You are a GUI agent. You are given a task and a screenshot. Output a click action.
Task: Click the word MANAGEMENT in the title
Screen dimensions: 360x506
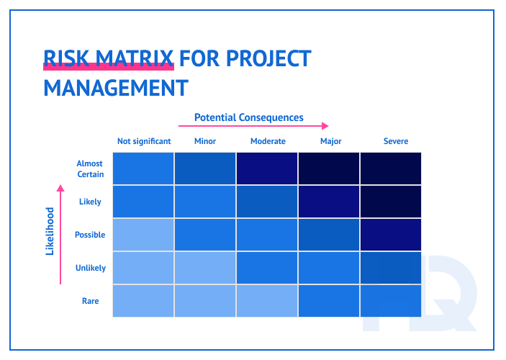(116, 88)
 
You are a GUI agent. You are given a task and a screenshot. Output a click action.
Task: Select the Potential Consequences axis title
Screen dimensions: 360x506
(249, 117)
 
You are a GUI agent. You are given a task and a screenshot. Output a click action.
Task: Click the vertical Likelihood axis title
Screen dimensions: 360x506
(50, 231)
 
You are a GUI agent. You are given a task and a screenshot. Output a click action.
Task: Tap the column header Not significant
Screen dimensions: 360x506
(144, 141)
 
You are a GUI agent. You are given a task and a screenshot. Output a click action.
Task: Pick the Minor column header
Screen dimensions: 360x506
(205, 141)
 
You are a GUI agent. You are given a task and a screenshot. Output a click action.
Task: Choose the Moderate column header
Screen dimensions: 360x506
(268, 141)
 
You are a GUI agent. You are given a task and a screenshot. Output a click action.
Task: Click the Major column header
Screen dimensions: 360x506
(330, 141)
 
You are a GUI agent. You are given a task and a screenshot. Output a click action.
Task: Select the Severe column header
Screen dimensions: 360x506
(395, 141)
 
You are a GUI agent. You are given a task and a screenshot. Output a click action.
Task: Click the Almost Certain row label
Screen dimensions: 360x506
(90, 169)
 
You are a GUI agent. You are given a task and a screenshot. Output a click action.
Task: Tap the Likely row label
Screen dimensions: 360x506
(90, 202)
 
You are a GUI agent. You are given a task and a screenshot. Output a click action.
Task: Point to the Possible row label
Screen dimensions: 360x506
(90, 235)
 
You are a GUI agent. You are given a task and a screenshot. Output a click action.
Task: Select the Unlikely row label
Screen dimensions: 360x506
(90, 268)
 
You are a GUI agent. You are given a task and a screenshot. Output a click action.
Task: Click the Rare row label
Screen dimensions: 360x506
(90, 301)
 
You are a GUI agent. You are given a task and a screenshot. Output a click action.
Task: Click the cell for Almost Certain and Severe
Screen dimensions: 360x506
(391, 168)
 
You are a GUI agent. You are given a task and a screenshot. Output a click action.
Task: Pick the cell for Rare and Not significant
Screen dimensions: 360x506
(143, 300)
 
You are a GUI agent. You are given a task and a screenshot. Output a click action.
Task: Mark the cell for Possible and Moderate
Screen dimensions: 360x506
(267, 235)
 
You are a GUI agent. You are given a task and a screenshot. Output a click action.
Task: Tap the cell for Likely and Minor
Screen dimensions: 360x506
(205, 202)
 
